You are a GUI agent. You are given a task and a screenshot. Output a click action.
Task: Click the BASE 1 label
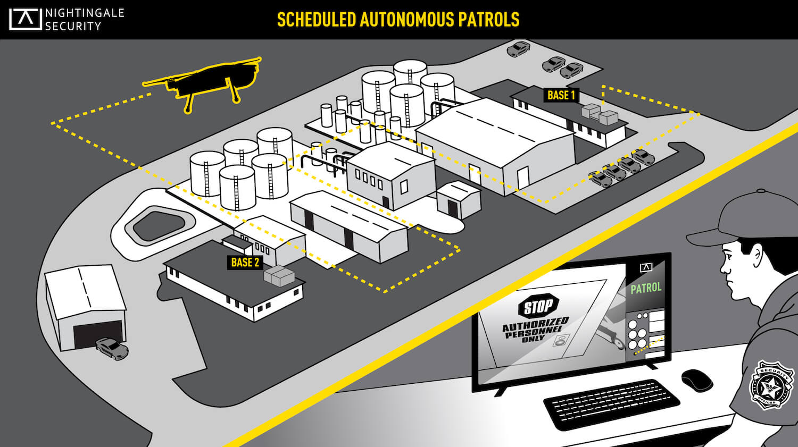point(561,95)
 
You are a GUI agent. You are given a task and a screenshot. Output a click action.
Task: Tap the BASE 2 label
point(245,262)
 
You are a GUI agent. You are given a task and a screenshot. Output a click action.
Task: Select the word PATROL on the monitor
point(646,288)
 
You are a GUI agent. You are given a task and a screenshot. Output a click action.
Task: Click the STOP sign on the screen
point(538,306)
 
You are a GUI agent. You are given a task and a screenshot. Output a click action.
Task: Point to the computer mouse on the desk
point(696,381)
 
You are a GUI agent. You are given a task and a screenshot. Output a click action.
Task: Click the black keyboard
point(611,404)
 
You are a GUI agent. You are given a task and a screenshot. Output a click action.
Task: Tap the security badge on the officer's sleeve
point(771,385)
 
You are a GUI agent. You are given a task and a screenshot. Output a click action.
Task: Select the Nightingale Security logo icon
point(25,19)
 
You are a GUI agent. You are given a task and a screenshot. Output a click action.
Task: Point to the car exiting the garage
point(112,349)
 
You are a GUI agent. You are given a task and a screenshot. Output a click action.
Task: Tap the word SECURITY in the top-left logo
point(73,27)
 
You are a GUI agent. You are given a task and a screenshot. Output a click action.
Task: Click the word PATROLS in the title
point(488,20)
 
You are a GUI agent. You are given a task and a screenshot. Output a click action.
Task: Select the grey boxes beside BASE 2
point(279,276)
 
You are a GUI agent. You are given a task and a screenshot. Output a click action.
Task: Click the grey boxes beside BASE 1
point(600,114)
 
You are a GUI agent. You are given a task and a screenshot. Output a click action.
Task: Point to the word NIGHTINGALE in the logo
point(85,13)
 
